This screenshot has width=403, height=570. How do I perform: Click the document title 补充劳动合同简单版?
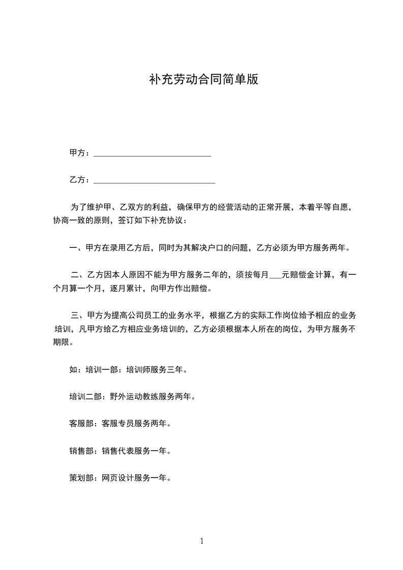click(x=203, y=80)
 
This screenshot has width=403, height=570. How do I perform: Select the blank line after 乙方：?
click(x=155, y=180)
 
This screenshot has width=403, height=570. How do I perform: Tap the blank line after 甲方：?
click(x=153, y=154)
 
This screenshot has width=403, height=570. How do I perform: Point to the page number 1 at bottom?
click(x=202, y=541)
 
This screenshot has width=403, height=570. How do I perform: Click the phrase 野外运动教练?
click(x=134, y=396)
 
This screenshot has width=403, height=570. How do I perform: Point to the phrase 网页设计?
click(x=118, y=478)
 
